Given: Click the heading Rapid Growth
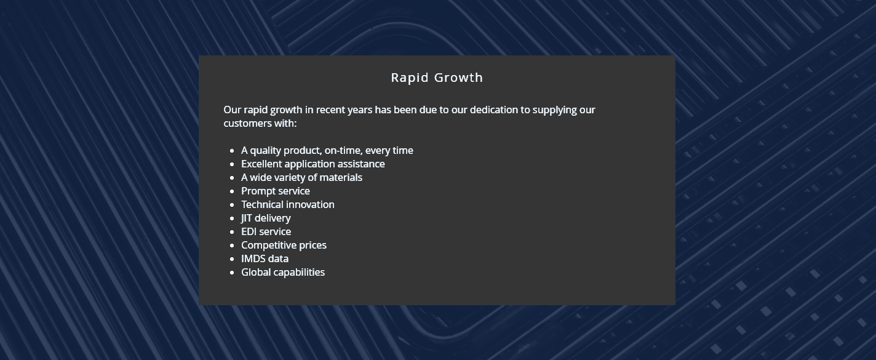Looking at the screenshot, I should [437, 78].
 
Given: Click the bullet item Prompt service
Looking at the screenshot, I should [276, 191].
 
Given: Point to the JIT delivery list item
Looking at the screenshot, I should [266, 218].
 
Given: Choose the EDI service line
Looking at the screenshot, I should [266, 232].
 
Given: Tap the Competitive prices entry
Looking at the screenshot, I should [284, 246].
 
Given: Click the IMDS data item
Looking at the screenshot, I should [265, 259].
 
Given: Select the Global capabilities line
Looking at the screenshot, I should [282, 273].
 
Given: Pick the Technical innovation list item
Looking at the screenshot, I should [287, 205].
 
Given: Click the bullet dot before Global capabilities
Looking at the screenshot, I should [232, 273].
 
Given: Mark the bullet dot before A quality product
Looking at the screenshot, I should [232, 151].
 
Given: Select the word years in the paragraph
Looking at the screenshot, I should [359, 110].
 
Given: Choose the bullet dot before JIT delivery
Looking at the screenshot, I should [232, 218].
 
